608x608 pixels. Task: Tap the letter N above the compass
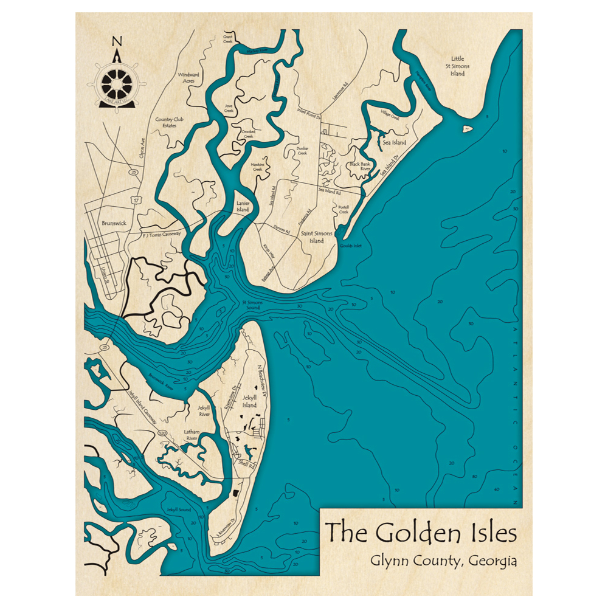(x=117, y=41)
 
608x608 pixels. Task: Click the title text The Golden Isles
(x=421, y=533)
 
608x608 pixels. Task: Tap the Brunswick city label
(x=114, y=223)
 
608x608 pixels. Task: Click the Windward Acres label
(x=189, y=77)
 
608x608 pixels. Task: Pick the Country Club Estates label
(x=170, y=122)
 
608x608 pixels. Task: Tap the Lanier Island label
(x=243, y=207)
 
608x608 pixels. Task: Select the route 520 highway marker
(x=162, y=432)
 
